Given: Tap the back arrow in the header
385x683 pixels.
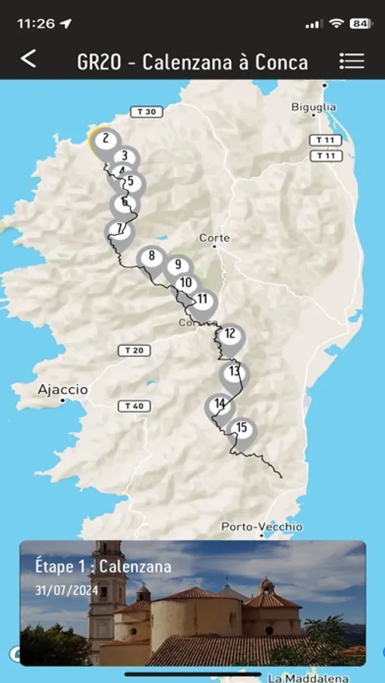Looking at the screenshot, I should [28, 59].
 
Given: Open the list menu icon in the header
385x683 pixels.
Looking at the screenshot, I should [352, 61].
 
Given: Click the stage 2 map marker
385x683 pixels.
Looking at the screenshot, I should [106, 140].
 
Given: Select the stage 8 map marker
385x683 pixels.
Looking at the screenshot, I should [152, 257].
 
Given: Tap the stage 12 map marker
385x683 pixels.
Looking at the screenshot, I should [230, 334].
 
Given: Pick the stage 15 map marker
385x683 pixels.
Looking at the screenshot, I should [241, 429].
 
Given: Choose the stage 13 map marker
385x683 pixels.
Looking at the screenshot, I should [235, 372].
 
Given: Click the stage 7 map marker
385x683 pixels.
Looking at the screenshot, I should [119, 229].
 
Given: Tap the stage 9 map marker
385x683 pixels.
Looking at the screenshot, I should [178, 266].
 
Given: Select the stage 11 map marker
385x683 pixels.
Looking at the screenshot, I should [203, 301].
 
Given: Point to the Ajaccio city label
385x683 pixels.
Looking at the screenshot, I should [63, 390].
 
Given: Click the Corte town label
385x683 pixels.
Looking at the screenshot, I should [214, 238].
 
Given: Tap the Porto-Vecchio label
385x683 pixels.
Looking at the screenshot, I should [262, 527].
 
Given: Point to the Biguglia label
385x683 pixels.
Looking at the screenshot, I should [314, 108].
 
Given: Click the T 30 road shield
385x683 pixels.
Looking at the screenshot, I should [147, 112].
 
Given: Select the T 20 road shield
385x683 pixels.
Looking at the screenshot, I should [134, 351].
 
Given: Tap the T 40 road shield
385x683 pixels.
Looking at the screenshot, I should [134, 406].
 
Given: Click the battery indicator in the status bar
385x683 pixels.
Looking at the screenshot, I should [361, 24].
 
